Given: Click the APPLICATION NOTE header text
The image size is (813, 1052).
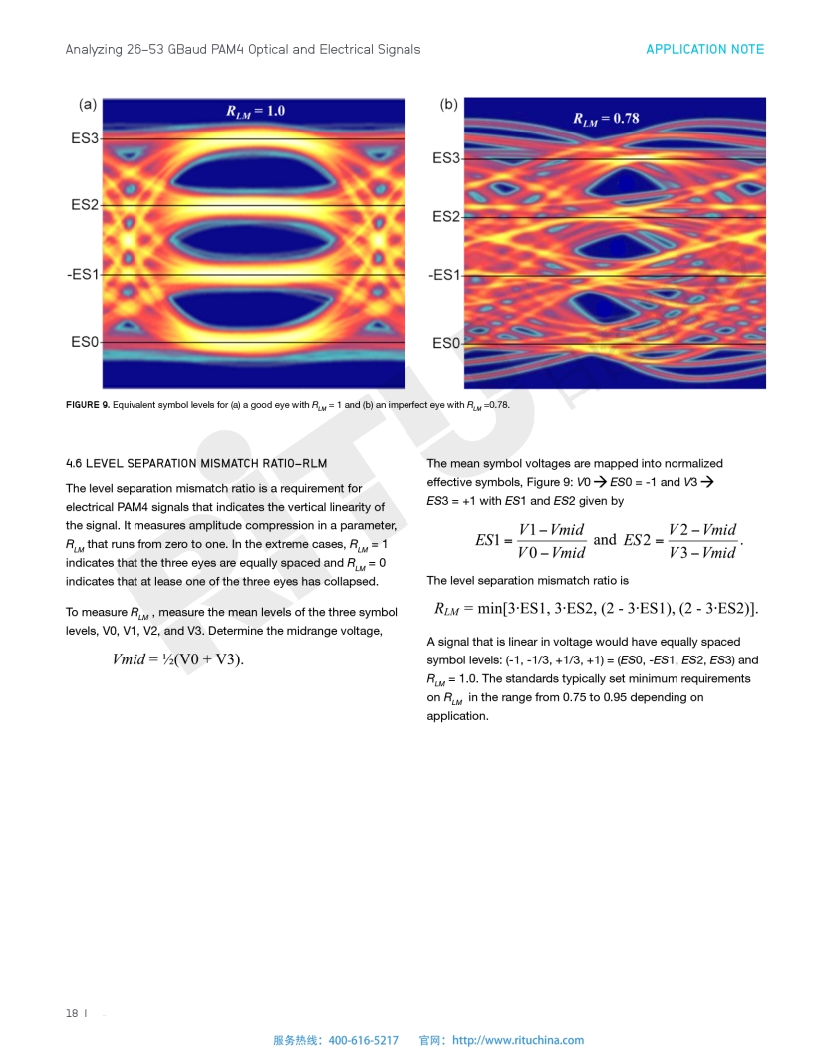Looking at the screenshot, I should click(x=704, y=49).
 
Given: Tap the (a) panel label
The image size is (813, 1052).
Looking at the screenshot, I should click(x=88, y=104).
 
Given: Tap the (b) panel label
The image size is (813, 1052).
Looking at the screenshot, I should click(x=448, y=104).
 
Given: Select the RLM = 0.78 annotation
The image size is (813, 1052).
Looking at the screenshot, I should click(x=605, y=119).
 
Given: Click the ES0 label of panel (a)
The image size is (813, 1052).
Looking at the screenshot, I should click(x=85, y=342).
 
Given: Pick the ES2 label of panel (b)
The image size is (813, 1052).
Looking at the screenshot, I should click(x=445, y=217).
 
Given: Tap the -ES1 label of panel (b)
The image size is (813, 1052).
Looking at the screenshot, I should click(x=443, y=275).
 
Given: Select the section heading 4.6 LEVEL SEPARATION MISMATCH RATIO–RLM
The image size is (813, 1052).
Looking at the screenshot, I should click(x=195, y=464).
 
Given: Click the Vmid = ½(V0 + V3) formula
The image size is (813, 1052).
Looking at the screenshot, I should click(x=178, y=659).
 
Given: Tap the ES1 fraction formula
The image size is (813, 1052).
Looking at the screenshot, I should click(x=531, y=540).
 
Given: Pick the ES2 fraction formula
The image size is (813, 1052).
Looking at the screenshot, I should click(x=681, y=540).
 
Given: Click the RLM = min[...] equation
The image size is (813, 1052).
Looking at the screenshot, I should click(x=597, y=609).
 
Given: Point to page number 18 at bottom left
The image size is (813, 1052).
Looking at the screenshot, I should click(x=72, y=1013).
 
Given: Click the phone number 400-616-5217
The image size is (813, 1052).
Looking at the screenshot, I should click(x=363, y=1040).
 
